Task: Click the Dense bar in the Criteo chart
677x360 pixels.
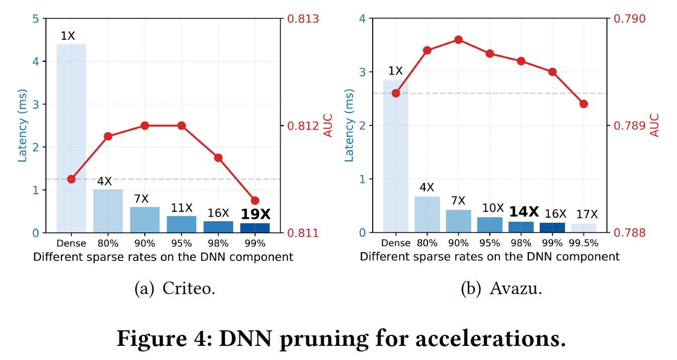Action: click(71, 138)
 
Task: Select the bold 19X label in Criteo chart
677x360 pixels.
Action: click(256, 215)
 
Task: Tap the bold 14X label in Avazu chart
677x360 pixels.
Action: click(524, 211)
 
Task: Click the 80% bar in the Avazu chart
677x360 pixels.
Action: click(427, 215)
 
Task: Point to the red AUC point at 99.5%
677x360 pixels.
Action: click(583, 104)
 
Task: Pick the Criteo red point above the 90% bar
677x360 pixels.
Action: click(145, 125)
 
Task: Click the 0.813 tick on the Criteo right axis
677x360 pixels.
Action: click(303, 19)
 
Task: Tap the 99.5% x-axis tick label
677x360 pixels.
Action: click(584, 243)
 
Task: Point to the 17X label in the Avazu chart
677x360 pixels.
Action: click(583, 214)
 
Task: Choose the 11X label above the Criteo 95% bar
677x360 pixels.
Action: click(182, 208)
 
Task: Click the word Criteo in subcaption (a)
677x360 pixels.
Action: click(189, 290)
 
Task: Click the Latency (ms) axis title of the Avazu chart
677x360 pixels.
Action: click(349, 126)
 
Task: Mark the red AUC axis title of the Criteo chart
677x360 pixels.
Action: click(328, 126)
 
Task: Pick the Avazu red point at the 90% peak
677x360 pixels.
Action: click(458, 40)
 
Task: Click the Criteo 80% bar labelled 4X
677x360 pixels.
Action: click(108, 211)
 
